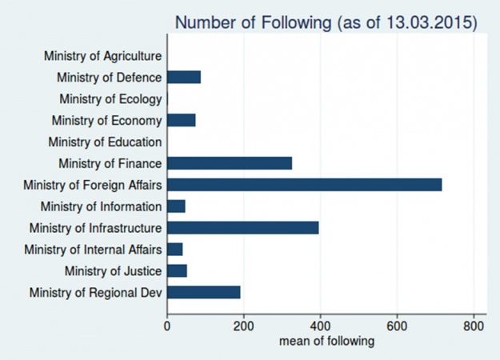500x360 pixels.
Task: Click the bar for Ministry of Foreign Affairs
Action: click(x=304, y=185)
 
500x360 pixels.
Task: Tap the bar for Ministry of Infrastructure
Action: click(x=242, y=228)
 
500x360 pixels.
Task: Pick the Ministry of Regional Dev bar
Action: click(x=203, y=293)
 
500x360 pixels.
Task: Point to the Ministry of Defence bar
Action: click(x=184, y=77)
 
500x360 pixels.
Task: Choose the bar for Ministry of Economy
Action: click(x=181, y=120)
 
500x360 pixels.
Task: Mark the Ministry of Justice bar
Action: click(x=177, y=271)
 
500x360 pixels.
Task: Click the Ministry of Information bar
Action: click(x=176, y=206)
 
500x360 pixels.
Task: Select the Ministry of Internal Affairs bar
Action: click(x=174, y=250)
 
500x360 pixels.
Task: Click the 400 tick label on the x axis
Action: click(x=320, y=326)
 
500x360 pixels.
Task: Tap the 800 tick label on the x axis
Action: click(x=474, y=326)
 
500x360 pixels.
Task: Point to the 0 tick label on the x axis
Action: click(x=166, y=326)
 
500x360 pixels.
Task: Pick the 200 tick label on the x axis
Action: click(x=243, y=326)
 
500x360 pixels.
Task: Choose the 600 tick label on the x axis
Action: click(x=397, y=326)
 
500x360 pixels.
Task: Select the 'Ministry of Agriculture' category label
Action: click(x=102, y=56)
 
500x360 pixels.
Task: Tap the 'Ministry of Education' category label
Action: click(x=105, y=142)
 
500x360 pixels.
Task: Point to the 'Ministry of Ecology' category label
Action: click(x=110, y=99)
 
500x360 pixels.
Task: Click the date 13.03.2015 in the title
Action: click(x=430, y=22)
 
